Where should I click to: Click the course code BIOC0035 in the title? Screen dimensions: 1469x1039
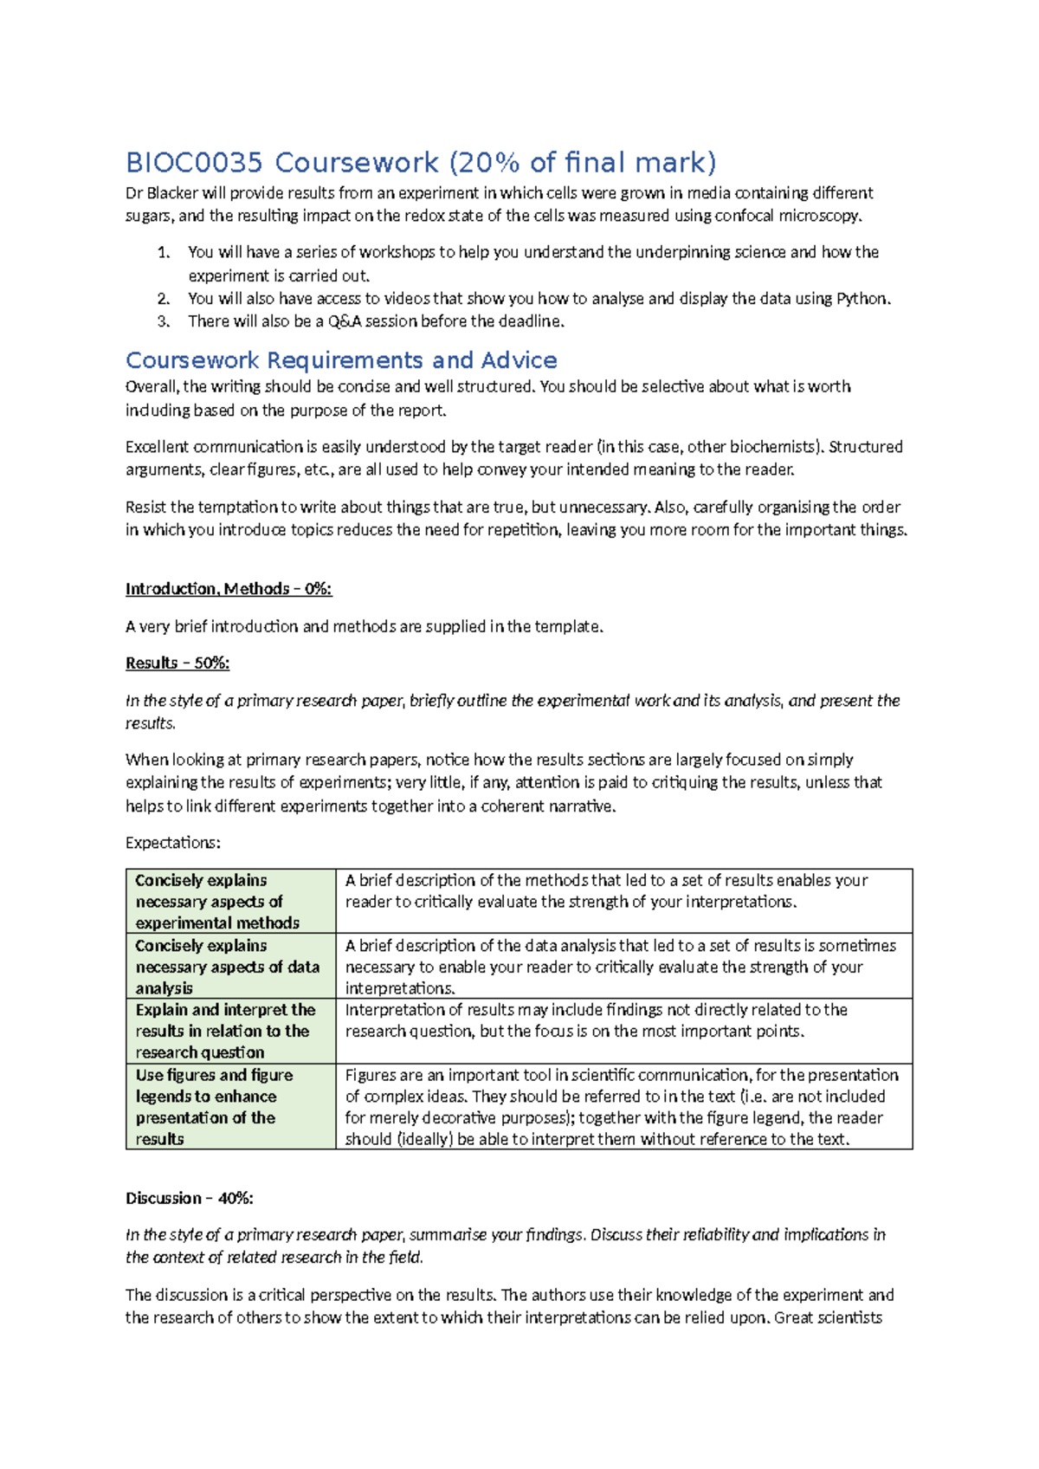(196, 163)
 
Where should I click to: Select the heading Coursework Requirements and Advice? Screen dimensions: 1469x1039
(341, 360)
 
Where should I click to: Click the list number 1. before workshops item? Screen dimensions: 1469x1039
(164, 253)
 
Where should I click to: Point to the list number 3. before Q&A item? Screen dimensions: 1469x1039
(164, 322)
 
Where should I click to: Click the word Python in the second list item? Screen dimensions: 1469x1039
(862, 299)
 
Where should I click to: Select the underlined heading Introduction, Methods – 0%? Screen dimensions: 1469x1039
(229, 589)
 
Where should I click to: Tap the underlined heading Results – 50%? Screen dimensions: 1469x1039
(177, 663)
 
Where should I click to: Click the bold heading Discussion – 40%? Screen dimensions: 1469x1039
(189, 1199)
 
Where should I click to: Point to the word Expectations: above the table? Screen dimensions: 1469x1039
(173, 843)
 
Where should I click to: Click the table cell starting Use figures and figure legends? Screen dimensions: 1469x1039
(230, 1107)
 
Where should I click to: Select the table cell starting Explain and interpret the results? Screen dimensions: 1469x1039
(230, 1031)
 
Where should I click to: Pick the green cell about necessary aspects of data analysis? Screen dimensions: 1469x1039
(230, 967)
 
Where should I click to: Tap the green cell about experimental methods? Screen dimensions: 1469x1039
(230, 902)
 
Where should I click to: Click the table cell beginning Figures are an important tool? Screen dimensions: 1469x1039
(623, 1107)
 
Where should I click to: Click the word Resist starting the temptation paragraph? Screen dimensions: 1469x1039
(147, 508)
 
